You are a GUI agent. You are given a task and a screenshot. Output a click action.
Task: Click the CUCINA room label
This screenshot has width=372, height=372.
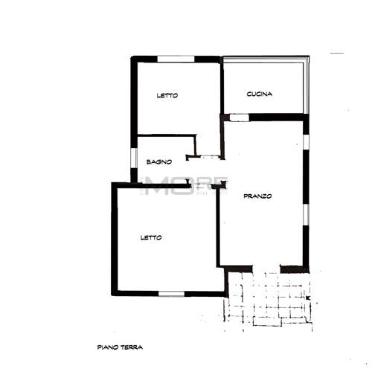260,94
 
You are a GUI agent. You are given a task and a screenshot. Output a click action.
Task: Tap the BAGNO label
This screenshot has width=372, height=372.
159,161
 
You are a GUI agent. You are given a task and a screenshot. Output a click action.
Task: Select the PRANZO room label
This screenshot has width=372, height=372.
258,196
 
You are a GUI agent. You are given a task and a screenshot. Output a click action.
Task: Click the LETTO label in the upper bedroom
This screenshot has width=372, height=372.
167,95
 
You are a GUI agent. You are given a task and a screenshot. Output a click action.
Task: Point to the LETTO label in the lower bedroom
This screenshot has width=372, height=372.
152,237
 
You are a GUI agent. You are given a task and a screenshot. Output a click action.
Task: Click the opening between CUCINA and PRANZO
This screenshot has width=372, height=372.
239,116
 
